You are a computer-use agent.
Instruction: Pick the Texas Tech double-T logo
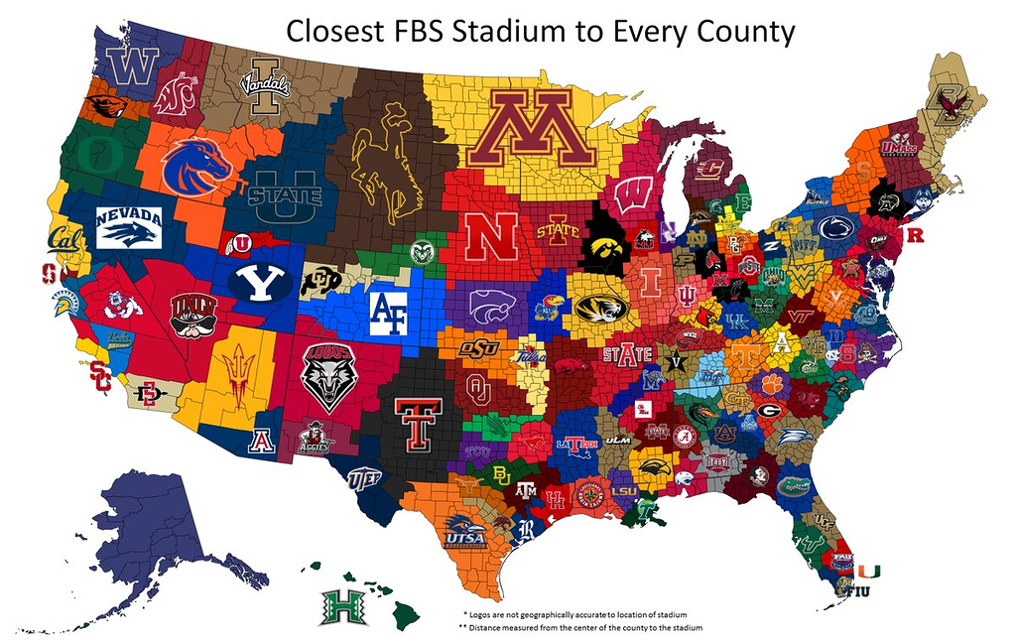click(418, 424)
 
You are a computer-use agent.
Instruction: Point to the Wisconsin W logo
click(632, 194)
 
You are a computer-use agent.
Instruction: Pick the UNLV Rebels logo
click(193, 313)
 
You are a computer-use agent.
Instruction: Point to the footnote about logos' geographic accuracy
click(574, 614)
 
